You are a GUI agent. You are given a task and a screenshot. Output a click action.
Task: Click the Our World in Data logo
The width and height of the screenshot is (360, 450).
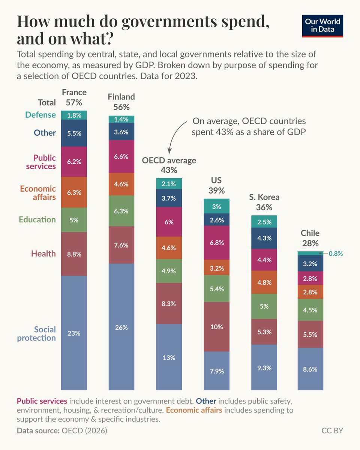[322, 26]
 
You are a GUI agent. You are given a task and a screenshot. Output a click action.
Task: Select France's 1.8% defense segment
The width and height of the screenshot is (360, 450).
[74, 115]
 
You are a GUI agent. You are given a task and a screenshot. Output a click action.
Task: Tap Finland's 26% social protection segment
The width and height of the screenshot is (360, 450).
[121, 327]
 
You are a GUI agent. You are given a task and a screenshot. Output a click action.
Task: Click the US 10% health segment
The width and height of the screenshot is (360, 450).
[216, 327]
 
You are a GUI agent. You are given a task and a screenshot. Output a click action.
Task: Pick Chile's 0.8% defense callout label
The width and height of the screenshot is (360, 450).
[336, 253]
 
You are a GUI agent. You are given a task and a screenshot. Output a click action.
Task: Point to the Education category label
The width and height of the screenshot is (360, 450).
[37, 220]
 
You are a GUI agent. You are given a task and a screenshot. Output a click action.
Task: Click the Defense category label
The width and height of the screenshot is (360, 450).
[40, 115]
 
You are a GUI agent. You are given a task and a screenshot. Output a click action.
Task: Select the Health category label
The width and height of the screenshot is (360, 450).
[43, 253]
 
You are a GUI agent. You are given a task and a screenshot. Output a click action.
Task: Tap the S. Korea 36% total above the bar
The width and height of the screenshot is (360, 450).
[264, 207]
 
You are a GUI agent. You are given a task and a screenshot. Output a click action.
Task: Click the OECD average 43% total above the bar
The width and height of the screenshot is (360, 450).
[169, 170]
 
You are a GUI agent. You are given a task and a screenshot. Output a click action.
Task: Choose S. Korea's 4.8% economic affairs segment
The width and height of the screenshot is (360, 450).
[264, 282]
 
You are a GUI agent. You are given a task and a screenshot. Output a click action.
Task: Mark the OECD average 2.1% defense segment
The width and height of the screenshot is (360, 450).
[169, 184]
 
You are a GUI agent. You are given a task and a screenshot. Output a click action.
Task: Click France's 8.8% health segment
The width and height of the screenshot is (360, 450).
[74, 254]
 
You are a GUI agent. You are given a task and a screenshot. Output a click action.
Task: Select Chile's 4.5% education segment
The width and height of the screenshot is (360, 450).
[310, 310]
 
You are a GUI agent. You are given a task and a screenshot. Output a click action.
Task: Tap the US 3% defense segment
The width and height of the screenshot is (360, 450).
[216, 206]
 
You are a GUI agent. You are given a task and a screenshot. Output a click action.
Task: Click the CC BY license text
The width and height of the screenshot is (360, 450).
[332, 430]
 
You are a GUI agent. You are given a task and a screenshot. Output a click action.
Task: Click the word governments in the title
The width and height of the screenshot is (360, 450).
[169, 22]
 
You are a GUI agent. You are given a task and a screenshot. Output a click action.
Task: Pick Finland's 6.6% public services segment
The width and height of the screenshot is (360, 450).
[121, 156]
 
